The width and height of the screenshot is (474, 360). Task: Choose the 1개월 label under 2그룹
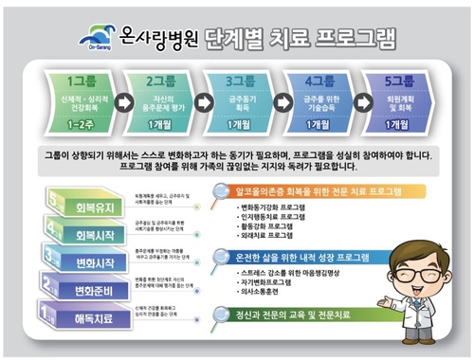point(160,124)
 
